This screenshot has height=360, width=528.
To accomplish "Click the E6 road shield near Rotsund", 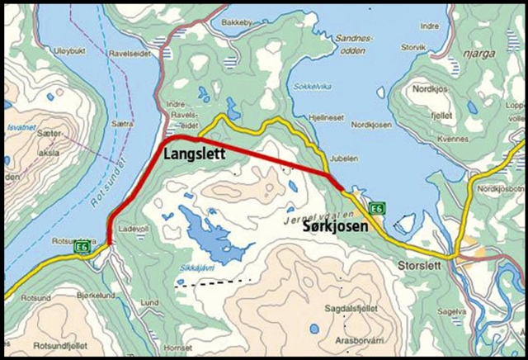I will click(x=82, y=245).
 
